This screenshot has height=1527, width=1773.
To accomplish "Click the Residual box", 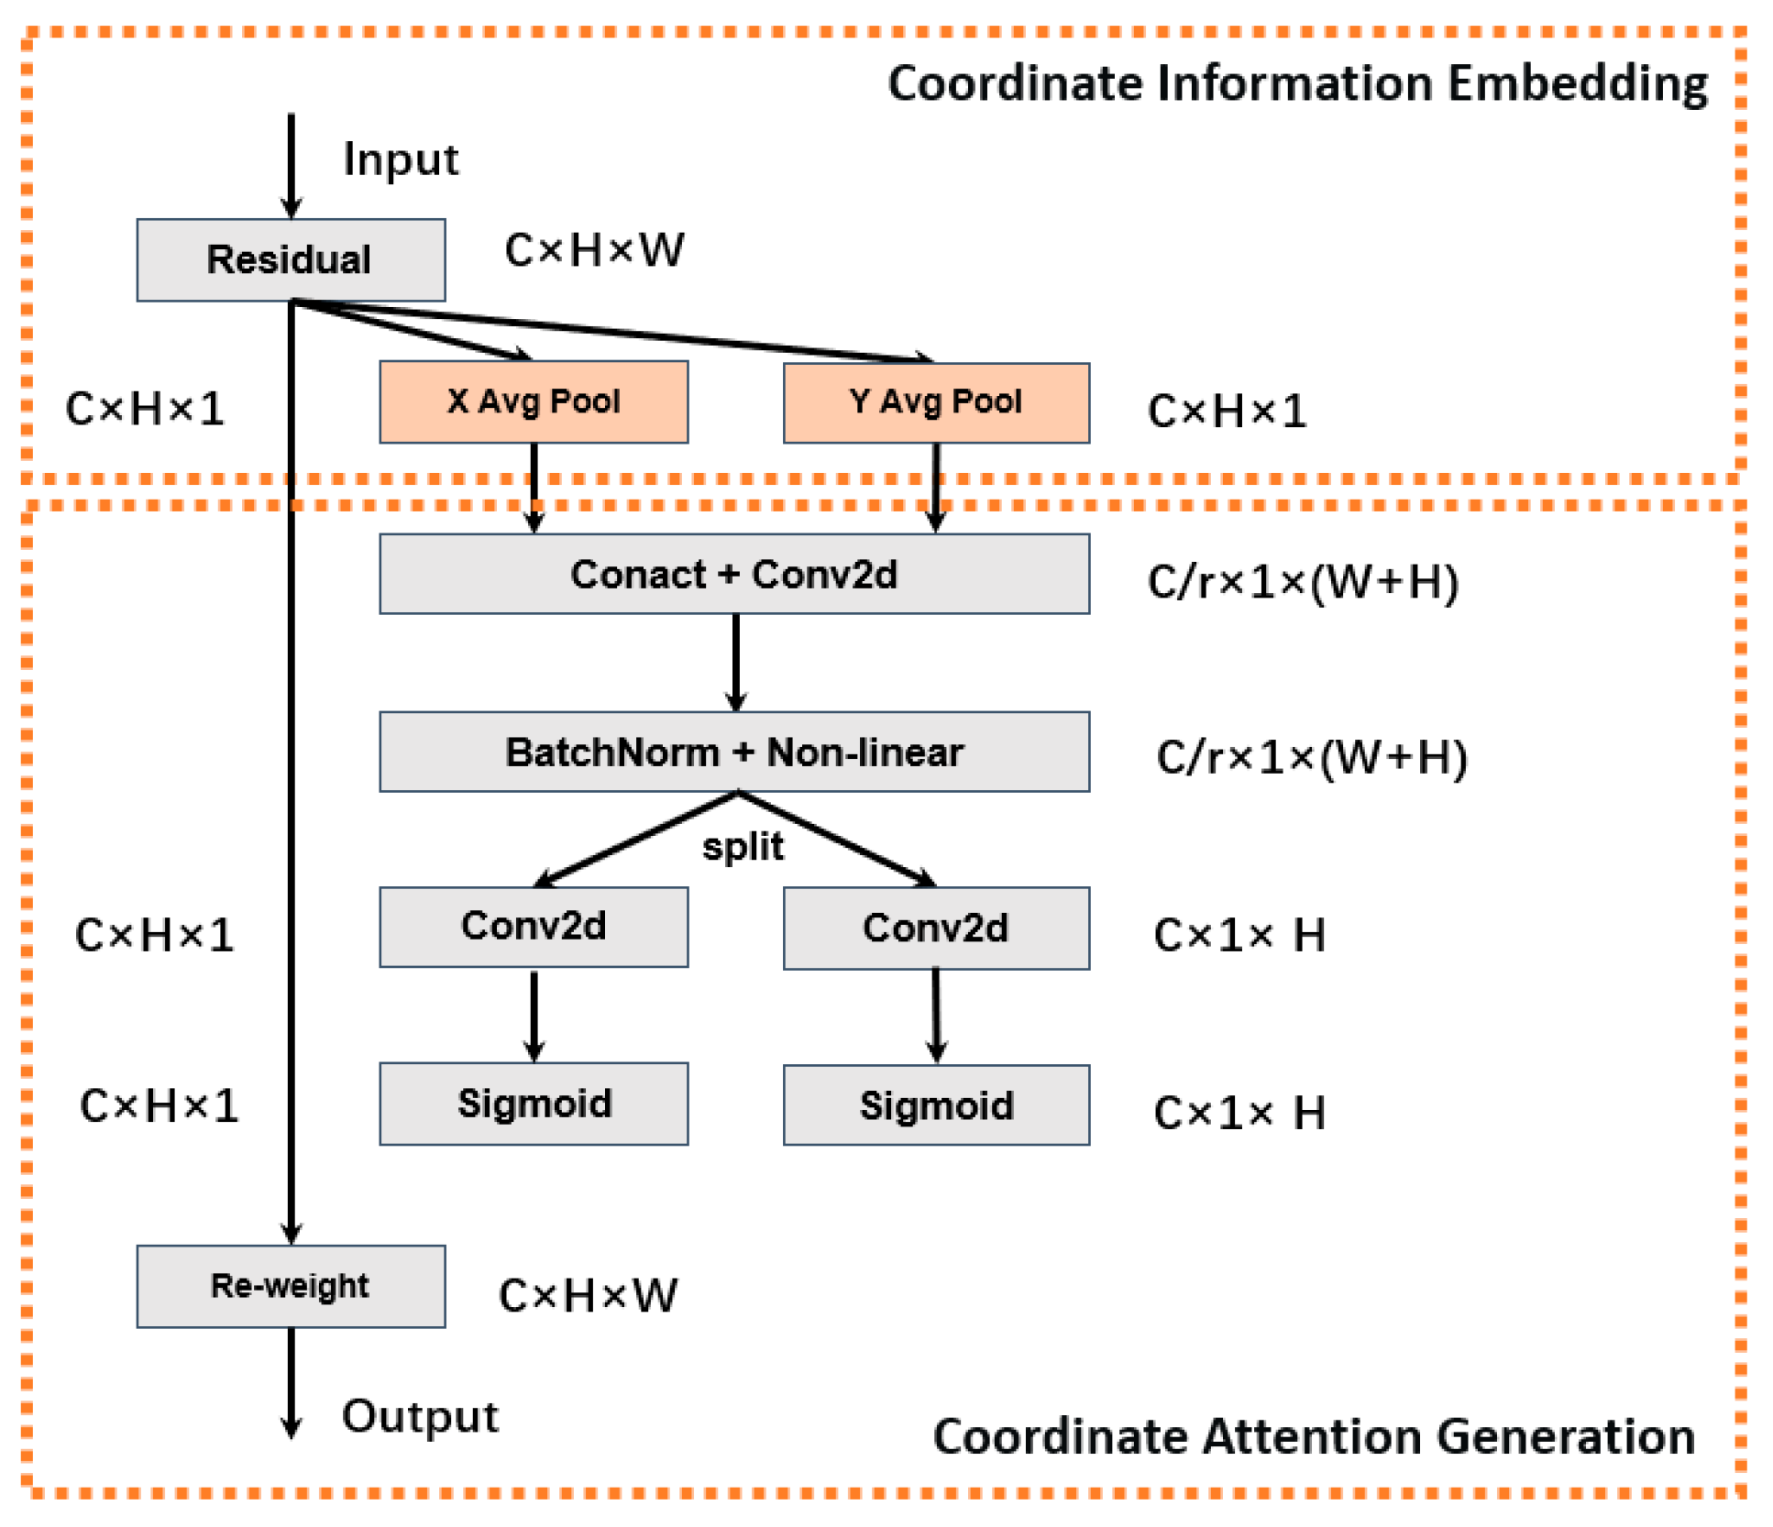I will click(291, 259).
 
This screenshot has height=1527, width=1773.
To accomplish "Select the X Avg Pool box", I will click(534, 401).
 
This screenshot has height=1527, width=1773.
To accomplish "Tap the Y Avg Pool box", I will click(936, 402).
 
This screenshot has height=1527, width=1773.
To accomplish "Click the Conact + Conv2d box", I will click(734, 574).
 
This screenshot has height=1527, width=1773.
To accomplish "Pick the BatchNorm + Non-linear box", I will click(734, 752).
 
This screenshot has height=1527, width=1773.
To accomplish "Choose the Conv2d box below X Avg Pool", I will click(534, 927).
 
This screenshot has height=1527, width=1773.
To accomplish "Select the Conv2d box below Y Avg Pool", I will click(936, 928).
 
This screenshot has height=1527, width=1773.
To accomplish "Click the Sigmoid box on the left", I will click(534, 1104).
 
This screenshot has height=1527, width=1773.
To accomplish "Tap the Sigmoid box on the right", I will click(936, 1104).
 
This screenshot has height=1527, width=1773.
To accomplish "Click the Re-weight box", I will click(291, 1286).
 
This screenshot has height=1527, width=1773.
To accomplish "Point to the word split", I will click(743, 847).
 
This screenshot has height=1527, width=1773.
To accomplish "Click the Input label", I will click(401, 159).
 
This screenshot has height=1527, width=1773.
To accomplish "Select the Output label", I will click(420, 1416).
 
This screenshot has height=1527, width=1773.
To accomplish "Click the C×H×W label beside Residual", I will click(594, 250).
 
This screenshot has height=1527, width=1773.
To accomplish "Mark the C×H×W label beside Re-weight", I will click(588, 1296).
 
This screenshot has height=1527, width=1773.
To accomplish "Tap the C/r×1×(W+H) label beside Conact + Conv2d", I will click(1303, 582).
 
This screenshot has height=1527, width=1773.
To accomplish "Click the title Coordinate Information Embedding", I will click(1297, 83).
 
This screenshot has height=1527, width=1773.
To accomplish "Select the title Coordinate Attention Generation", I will click(1313, 1436).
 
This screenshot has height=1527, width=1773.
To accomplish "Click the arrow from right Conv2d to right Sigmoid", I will click(936, 1015).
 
